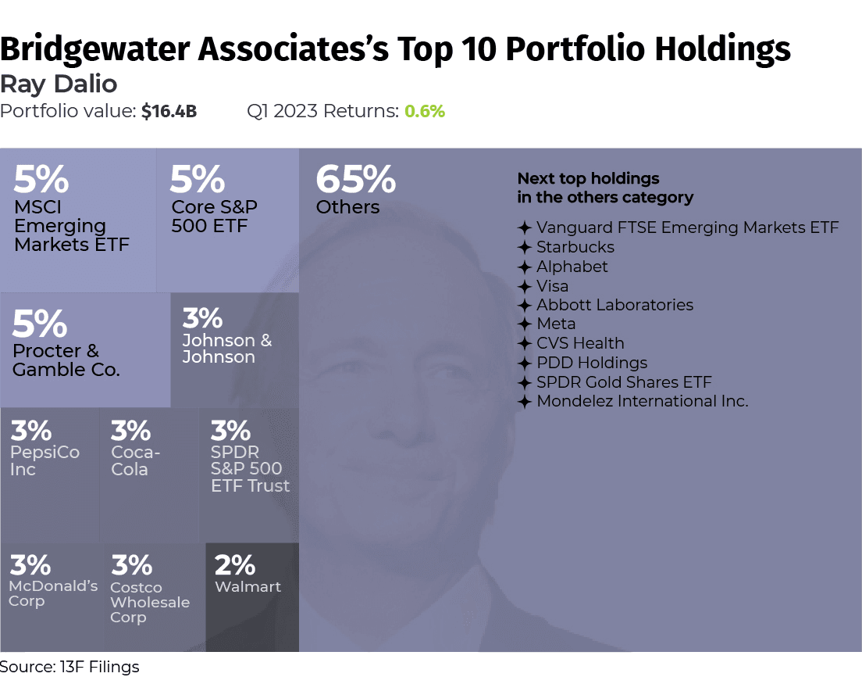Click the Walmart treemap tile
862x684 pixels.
[x=251, y=596]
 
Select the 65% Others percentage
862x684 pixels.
[x=355, y=181]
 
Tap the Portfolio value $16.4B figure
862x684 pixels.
[x=169, y=111]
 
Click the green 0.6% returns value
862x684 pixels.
[x=424, y=111]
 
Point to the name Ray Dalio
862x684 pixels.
[x=59, y=84]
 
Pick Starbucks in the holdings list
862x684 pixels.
[x=575, y=247]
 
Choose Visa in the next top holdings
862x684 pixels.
[x=552, y=286]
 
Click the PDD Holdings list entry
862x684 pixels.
[x=592, y=363]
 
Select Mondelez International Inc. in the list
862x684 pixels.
[x=642, y=401]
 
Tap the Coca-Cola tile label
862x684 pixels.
[x=136, y=460]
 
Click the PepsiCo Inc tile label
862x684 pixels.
[x=44, y=460]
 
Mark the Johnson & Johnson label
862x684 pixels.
[x=226, y=349]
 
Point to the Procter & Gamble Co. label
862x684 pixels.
[x=66, y=360]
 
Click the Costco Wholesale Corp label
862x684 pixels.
[x=149, y=602]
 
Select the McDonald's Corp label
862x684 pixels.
[x=53, y=593]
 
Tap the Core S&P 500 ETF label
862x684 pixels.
[x=214, y=217]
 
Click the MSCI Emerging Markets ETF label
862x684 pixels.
[x=71, y=226]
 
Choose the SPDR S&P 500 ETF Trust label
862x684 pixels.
[x=249, y=469]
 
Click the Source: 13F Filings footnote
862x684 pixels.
[x=69, y=667]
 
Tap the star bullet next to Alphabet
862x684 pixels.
[x=525, y=267]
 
